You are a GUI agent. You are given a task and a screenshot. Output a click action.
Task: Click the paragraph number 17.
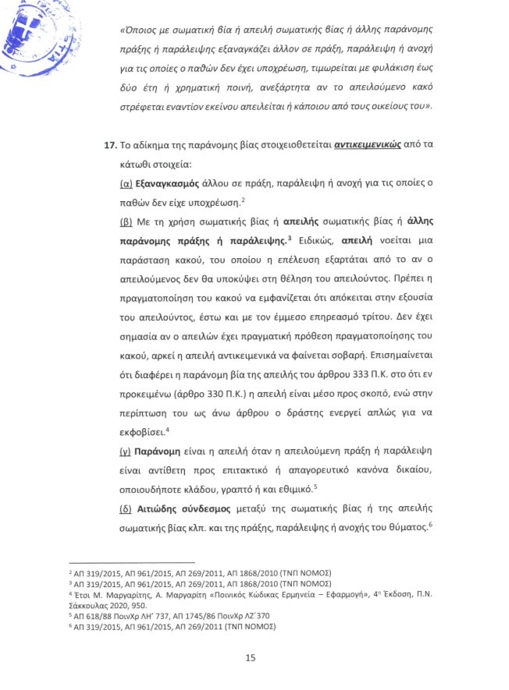click(112, 146)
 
